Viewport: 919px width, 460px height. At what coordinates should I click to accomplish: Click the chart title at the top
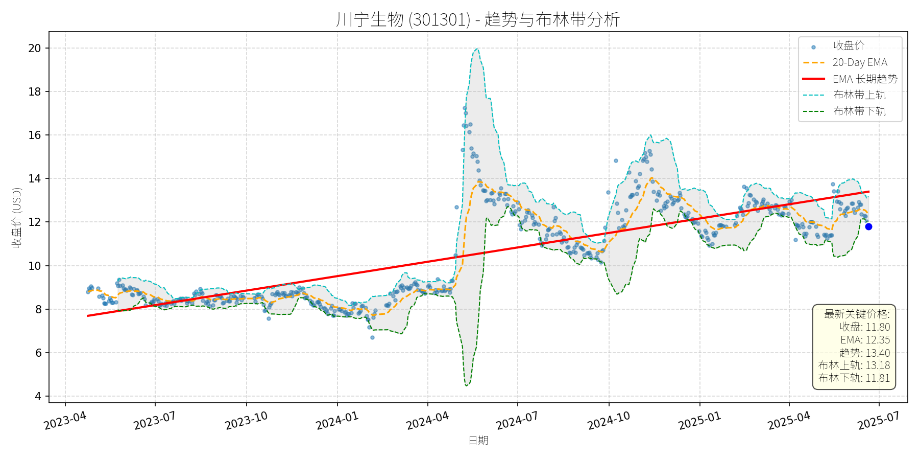[x=478, y=19]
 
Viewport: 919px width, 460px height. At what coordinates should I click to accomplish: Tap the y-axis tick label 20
[x=35, y=49]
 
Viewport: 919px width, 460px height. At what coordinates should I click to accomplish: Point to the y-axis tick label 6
[x=38, y=353]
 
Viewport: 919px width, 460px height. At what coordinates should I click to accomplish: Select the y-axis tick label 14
[x=35, y=179]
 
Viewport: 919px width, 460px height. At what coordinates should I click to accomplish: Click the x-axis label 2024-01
[x=337, y=421]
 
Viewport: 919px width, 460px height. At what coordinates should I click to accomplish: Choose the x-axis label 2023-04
[x=65, y=421]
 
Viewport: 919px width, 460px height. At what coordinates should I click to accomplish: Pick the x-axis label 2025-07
[x=878, y=421]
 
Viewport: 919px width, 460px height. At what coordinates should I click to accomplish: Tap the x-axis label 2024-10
[x=609, y=421]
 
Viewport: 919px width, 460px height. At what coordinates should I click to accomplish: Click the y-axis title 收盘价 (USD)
[x=17, y=217]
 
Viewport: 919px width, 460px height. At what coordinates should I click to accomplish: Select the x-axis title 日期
[x=478, y=441]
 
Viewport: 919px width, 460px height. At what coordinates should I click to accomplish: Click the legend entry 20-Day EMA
[x=860, y=62]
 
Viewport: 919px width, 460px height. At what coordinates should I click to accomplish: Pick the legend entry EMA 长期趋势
[x=865, y=79]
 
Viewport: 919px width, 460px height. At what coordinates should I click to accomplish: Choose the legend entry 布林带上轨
[x=859, y=95]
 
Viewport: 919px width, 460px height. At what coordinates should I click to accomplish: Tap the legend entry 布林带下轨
[x=859, y=111]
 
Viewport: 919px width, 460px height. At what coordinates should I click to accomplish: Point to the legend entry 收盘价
[x=849, y=46]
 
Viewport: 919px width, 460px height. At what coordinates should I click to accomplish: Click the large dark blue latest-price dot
[x=868, y=226]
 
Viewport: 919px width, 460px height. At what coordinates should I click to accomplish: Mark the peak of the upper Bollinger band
[x=477, y=49]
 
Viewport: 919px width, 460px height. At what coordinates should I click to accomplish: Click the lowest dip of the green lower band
[x=467, y=385]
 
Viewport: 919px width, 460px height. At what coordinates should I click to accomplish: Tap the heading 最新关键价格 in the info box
[x=857, y=314]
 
